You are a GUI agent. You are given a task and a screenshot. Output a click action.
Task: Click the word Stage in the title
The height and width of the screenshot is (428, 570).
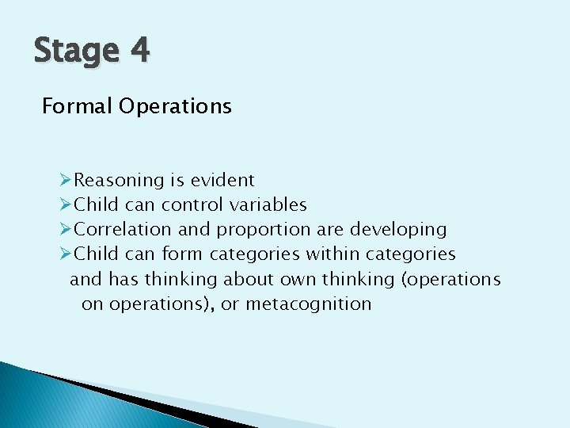click(x=76, y=52)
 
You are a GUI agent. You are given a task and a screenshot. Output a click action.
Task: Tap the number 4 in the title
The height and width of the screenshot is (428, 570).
click(x=139, y=50)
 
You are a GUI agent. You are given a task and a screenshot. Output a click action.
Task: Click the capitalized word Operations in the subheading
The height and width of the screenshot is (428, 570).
click(x=176, y=107)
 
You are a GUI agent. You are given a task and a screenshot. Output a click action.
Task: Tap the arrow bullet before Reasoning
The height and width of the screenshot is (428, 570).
click(x=66, y=180)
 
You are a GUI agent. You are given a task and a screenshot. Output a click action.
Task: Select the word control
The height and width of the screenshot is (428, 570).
click(x=192, y=204)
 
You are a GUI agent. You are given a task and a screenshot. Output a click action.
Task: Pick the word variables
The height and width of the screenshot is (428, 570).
click(x=268, y=204)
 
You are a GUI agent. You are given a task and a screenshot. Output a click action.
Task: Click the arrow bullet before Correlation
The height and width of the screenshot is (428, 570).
click(x=66, y=229)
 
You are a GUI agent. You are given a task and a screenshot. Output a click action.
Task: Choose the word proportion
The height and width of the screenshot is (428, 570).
click(x=264, y=230)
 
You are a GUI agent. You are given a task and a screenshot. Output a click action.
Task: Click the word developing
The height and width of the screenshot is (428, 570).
click(x=398, y=230)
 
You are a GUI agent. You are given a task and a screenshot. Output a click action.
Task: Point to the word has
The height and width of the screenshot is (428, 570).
click(x=123, y=279)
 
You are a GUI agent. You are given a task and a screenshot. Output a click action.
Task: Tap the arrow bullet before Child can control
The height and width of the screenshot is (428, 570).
click(x=66, y=204)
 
